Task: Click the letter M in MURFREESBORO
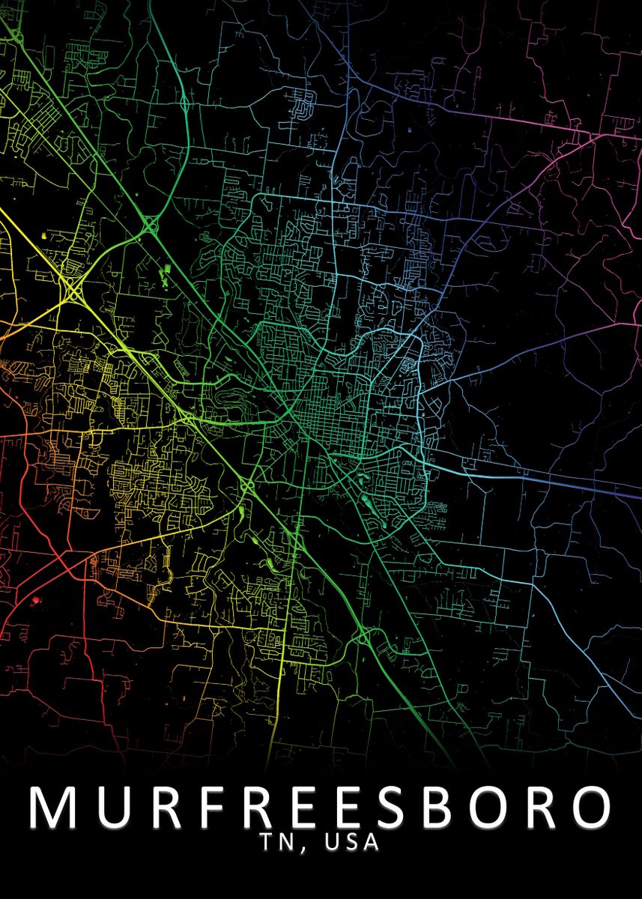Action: (52, 808)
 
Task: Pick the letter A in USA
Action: (371, 843)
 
